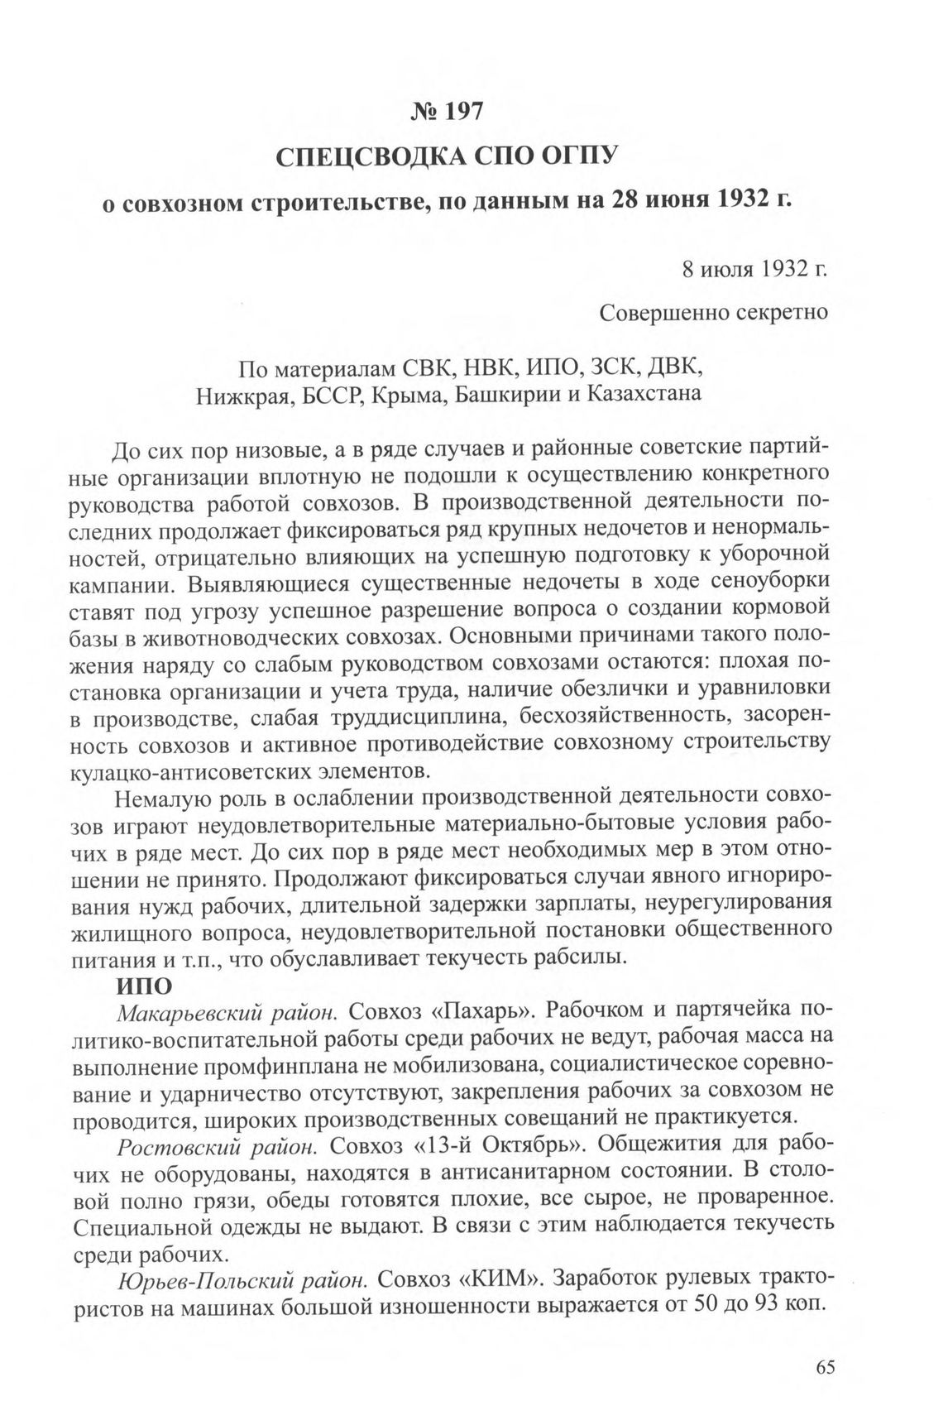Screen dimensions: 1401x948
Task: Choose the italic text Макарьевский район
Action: [227, 1012]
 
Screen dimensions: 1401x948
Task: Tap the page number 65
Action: [826, 1366]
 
